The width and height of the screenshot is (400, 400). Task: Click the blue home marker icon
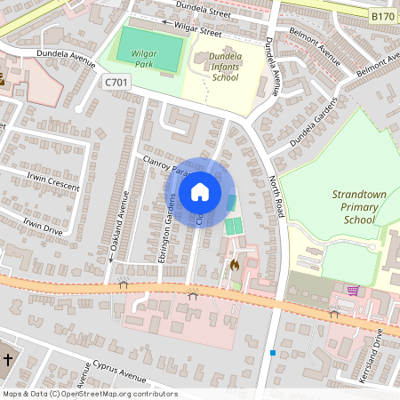(x=200, y=191)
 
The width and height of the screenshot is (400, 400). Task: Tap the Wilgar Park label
(x=144, y=59)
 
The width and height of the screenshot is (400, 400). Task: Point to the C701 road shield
(x=116, y=82)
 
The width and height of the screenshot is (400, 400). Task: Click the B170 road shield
(x=382, y=16)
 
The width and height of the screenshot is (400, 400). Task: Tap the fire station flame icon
(x=235, y=264)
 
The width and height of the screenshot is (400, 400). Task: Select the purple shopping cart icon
(x=353, y=290)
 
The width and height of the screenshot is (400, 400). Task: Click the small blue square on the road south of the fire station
(x=273, y=353)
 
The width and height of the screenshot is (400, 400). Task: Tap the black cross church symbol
(x=9, y=360)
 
